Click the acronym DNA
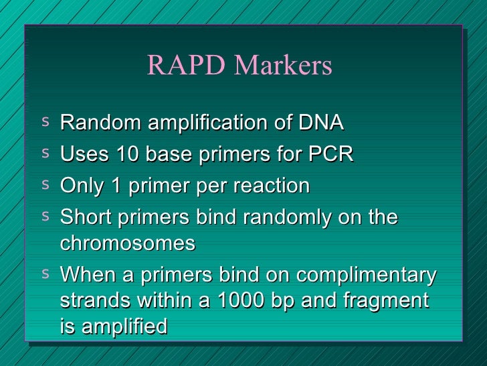tap(321, 123)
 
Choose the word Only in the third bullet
tap(79, 186)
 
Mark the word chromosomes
tap(128, 243)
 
